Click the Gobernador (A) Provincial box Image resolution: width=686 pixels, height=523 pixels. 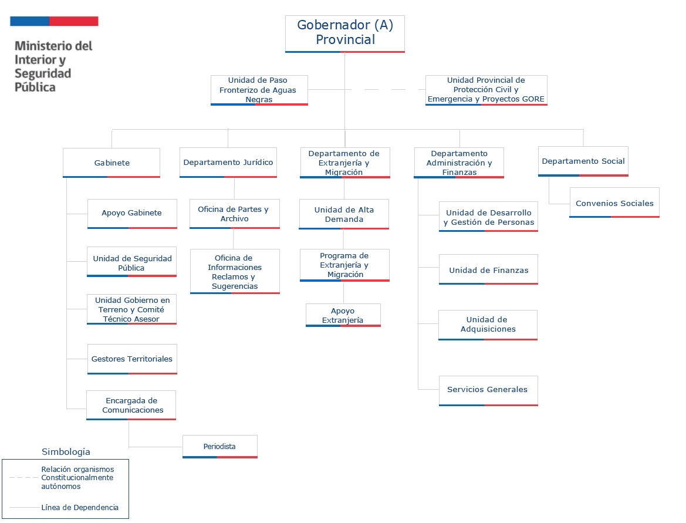click(x=344, y=34)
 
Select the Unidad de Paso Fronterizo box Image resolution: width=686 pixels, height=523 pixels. click(x=259, y=90)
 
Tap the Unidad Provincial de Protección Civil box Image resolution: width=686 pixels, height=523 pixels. click(x=486, y=90)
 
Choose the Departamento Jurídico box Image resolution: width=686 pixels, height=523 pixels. click(x=228, y=163)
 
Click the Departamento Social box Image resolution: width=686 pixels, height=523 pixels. click(x=583, y=161)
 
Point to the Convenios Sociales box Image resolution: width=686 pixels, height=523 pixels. click(x=614, y=203)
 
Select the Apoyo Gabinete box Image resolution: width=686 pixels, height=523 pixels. click(x=132, y=214)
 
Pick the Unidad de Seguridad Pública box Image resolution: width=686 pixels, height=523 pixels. click(x=131, y=262)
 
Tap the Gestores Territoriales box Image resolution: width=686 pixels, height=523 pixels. click(x=132, y=359)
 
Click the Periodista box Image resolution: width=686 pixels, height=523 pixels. click(x=219, y=447)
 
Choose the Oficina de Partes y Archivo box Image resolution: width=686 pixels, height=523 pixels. click(x=235, y=214)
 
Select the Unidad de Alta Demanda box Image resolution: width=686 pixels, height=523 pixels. click(x=344, y=214)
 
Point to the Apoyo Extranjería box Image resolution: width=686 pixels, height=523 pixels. click(x=343, y=315)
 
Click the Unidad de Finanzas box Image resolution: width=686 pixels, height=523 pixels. click(x=488, y=269)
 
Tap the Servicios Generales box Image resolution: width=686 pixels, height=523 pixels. click(x=488, y=391)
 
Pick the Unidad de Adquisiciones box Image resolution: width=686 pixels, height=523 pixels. click(x=488, y=325)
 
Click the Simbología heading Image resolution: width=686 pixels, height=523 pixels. click(x=66, y=451)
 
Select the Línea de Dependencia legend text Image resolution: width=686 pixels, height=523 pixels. click(x=80, y=508)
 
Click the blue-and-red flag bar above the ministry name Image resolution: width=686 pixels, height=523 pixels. click(x=54, y=21)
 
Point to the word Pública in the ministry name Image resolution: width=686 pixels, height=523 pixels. click(x=35, y=87)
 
